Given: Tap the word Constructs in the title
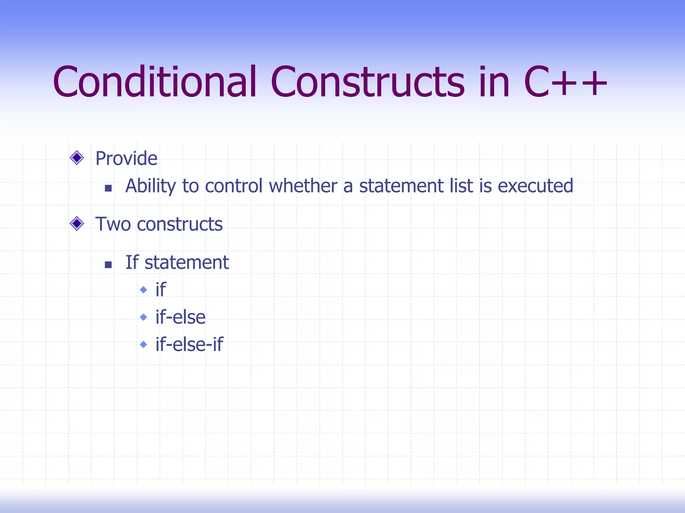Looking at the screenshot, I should [367, 82].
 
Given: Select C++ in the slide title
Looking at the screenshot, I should [565, 82].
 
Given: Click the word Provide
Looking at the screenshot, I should [126, 158].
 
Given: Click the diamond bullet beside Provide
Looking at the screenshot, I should [77, 158].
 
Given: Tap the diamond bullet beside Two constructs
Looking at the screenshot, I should [77, 223].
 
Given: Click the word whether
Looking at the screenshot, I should [303, 186].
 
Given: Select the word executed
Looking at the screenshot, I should [535, 186].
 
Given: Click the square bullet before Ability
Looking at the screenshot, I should [108, 188].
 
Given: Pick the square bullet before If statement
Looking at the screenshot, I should [108, 265].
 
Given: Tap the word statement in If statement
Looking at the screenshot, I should [187, 263].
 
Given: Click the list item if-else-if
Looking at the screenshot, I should [189, 344].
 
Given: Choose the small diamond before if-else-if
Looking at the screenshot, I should [143, 344].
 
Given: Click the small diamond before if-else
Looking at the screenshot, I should [143, 317].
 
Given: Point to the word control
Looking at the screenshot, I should [233, 186].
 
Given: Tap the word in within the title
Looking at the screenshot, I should [494, 82].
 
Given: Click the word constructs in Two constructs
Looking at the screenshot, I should [180, 224].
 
